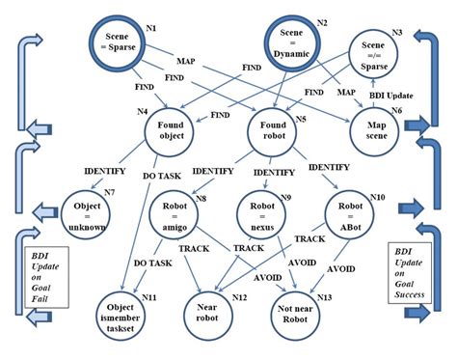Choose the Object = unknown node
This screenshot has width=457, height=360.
click(x=92, y=212)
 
